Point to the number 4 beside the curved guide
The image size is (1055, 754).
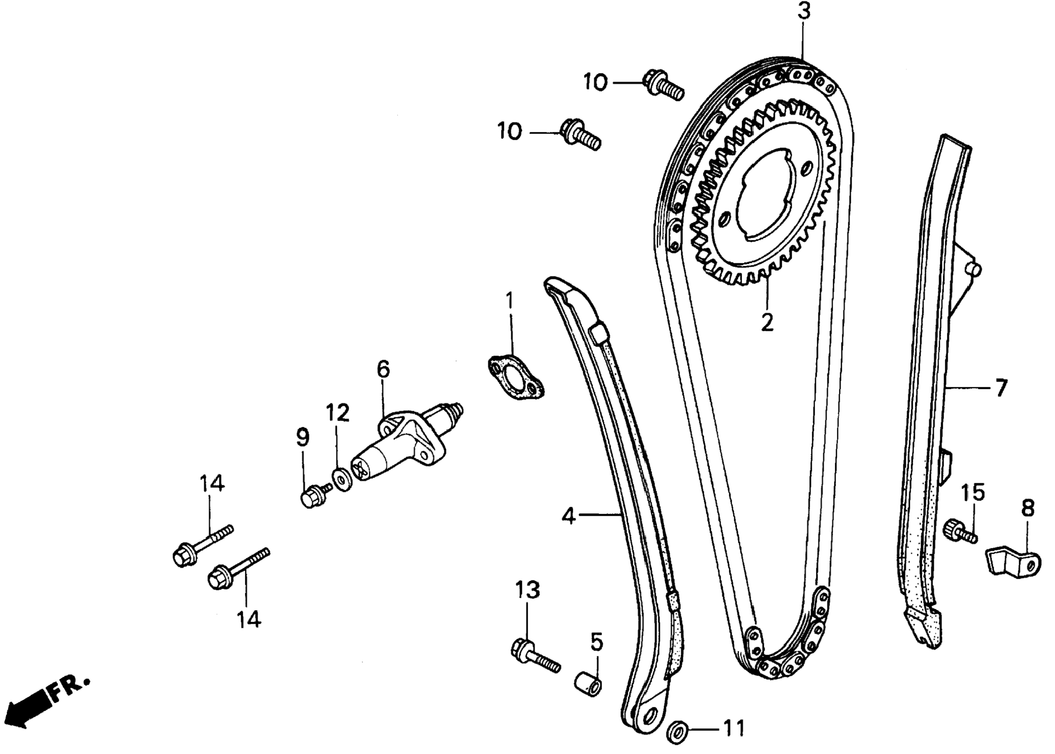[569, 515]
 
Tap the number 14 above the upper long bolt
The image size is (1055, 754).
[212, 483]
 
